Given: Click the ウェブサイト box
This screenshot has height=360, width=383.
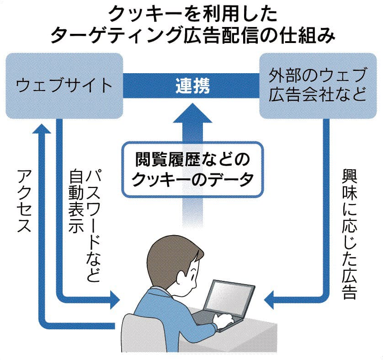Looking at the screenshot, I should (x=64, y=85).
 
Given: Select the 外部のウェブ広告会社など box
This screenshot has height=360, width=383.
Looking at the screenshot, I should (x=318, y=85).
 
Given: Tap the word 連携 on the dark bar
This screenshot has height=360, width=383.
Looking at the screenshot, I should (x=192, y=86).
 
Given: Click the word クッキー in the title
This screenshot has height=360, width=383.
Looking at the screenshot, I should (x=137, y=15).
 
